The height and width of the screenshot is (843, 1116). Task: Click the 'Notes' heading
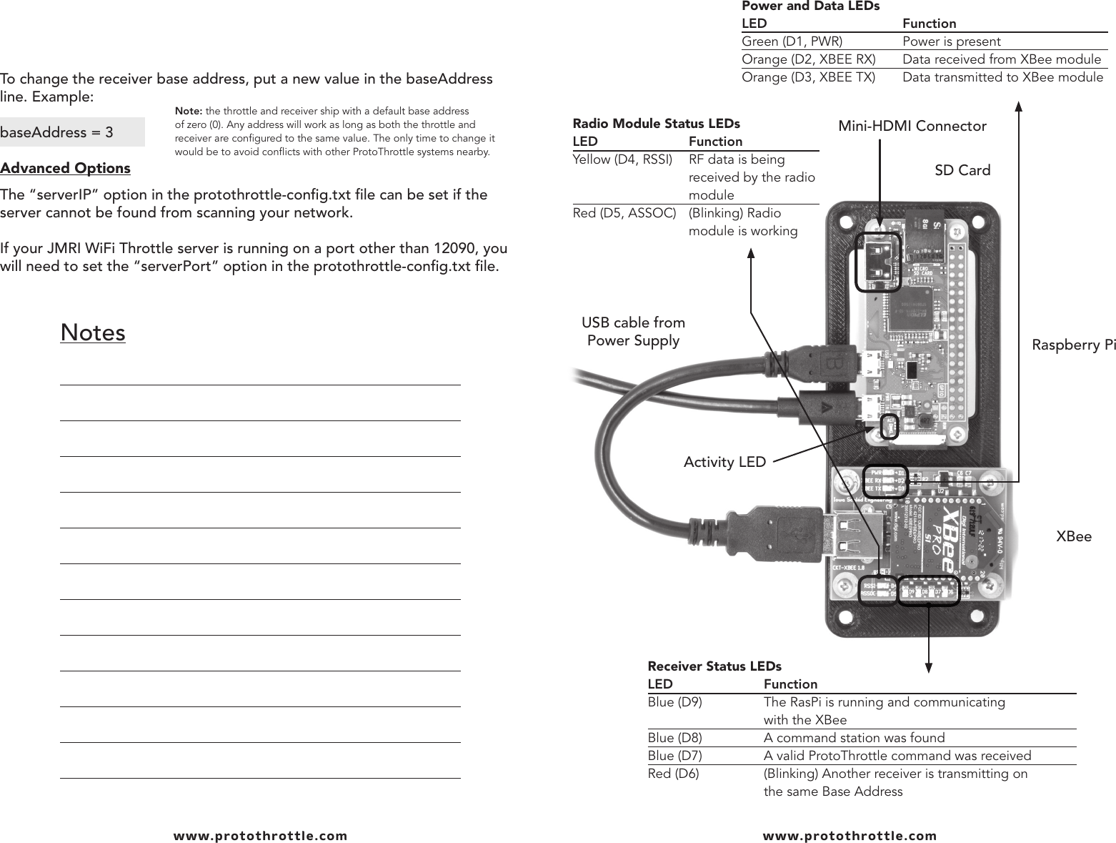(x=93, y=332)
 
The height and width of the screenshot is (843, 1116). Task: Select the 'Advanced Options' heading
(x=65, y=168)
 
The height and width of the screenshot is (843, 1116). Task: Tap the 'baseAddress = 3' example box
(x=71, y=132)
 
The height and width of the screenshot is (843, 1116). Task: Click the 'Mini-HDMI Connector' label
(x=912, y=127)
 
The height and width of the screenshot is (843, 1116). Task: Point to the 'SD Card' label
(x=962, y=170)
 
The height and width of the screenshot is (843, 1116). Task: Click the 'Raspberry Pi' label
(x=1073, y=345)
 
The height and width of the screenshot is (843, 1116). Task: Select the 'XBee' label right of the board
(x=1074, y=536)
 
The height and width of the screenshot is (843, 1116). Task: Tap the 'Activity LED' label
(x=724, y=463)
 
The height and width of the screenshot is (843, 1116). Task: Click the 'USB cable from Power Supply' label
(x=633, y=332)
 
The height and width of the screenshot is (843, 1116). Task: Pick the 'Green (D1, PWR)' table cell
(x=792, y=41)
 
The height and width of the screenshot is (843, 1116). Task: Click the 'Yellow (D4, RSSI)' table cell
(x=622, y=159)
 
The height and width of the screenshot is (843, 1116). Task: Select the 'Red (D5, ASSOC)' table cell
(x=624, y=213)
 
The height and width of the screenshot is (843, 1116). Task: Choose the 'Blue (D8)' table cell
(x=674, y=738)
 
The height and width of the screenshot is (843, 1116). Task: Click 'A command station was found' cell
(x=854, y=738)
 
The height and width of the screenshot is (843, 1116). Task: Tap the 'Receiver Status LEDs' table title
(x=714, y=666)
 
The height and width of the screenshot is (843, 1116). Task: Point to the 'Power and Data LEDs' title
(x=810, y=6)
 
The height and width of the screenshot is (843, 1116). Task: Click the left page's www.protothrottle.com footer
(x=260, y=835)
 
